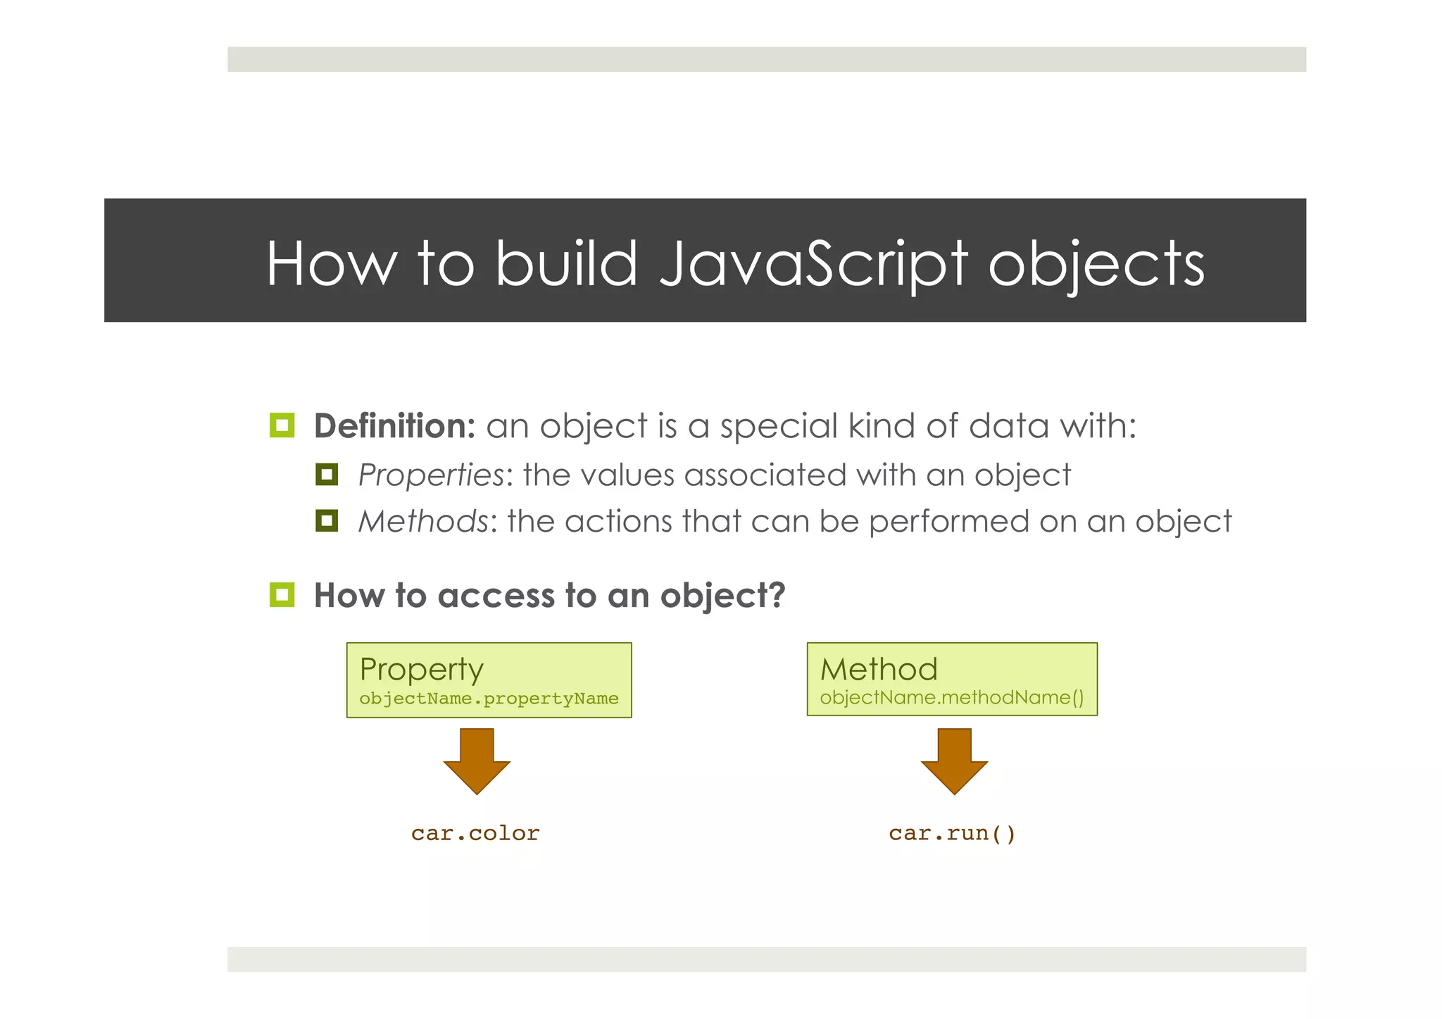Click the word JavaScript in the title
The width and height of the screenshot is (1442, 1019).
pos(813,264)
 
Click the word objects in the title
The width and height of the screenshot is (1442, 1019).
pos(1096,264)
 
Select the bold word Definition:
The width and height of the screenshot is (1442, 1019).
pos(394,426)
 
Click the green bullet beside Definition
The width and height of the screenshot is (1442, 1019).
pos(282,425)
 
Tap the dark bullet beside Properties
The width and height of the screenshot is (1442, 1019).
pos(327,475)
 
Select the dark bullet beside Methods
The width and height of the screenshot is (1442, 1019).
pos(327,521)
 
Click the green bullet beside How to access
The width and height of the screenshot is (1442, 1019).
pos(282,595)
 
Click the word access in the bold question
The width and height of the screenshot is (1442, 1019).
pos(496,596)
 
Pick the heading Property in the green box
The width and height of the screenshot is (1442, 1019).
pos(421,669)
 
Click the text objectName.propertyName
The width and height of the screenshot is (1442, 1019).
pos(489,699)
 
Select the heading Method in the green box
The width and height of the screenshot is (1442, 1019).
pos(879,669)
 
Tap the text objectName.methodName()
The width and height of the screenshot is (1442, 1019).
pos(952,698)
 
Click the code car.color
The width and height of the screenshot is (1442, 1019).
pos(475,834)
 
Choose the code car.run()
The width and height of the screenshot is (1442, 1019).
pos(952,834)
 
